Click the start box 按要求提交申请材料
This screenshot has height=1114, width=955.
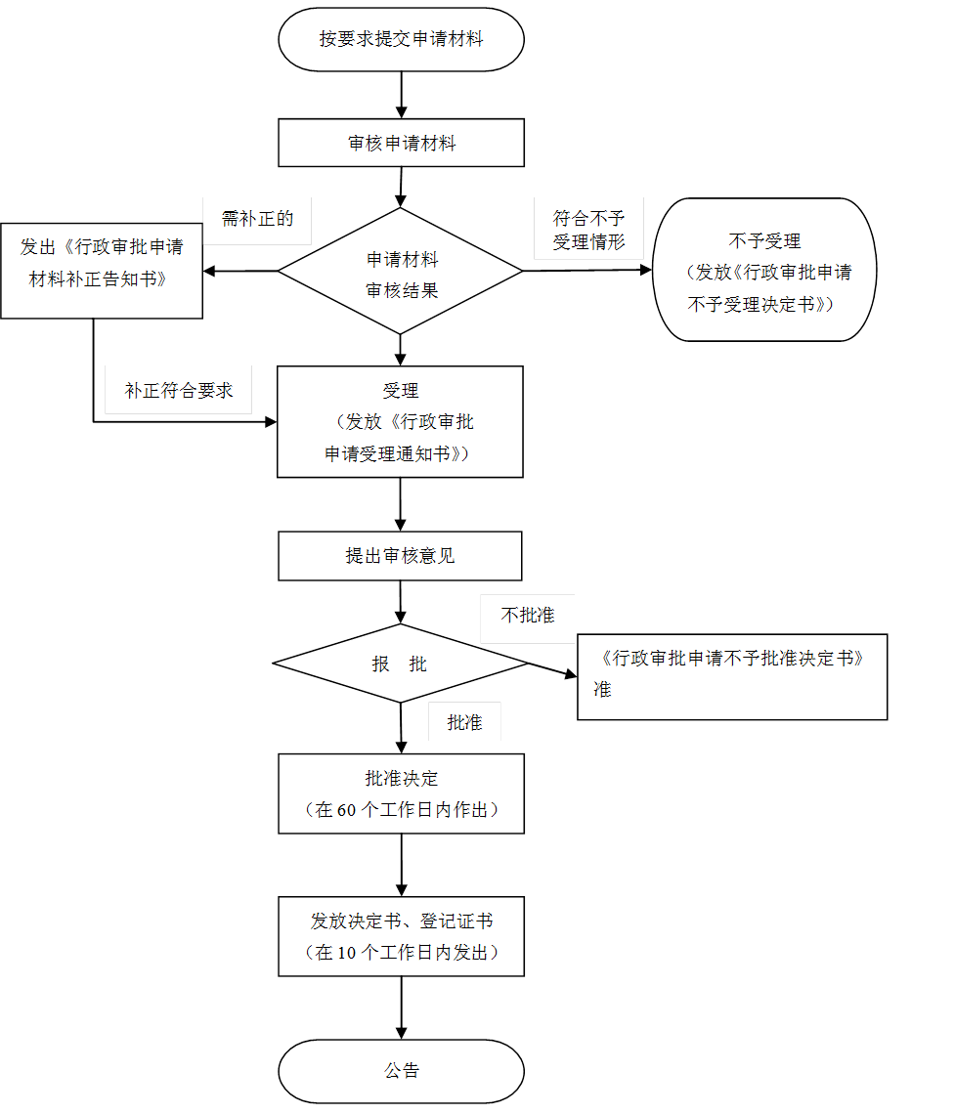point(401,40)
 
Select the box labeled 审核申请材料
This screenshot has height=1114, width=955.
point(401,144)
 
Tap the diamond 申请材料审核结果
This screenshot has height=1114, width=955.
point(401,272)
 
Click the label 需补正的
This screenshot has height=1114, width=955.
point(257,220)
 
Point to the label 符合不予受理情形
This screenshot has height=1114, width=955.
point(588,230)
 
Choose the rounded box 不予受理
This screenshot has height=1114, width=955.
point(764,271)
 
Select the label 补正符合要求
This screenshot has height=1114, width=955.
point(179,390)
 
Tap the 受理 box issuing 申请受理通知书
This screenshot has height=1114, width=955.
point(400,422)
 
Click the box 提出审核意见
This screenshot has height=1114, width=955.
point(400,556)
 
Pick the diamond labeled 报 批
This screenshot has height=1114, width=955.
point(400,664)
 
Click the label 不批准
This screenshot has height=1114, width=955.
point(528,617)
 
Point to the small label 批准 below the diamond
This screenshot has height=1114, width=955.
point(464,722)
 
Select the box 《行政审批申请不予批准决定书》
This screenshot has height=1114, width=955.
point(732,676)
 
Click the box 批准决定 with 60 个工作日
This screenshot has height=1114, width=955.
point(401,793)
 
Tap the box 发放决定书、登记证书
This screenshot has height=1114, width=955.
point(401,936)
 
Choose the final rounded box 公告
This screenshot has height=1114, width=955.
point(401,1071)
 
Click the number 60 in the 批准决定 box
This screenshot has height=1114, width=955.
point(346,810)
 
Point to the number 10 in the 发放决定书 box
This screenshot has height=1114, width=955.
point(346,953)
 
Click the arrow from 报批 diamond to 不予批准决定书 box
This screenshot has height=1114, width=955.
point(547,668)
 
